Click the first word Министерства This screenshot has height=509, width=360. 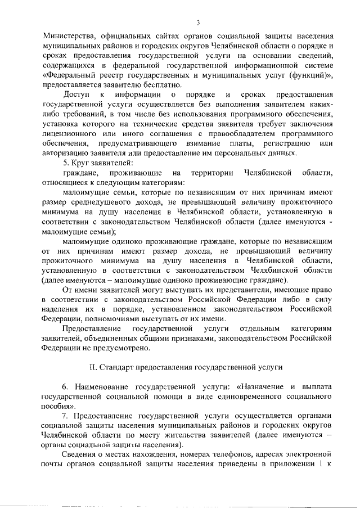68,35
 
